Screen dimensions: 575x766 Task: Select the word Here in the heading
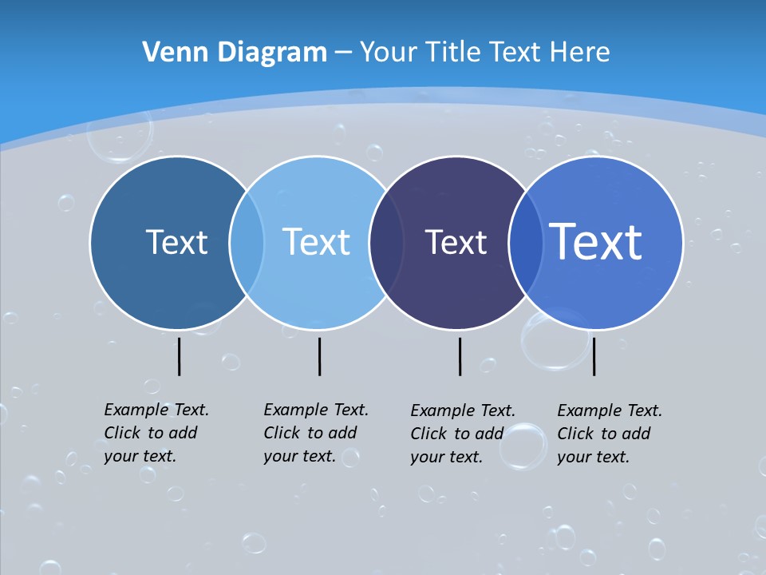tap(580, 53)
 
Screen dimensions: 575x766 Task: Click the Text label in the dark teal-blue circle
tap(176, 242)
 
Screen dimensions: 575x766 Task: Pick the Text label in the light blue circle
tap(316, 242)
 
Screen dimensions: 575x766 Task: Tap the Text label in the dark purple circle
tap(456, 242)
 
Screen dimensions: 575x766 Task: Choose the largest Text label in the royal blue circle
tap(596, 242)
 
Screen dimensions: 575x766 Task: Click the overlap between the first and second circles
tap(247, 242)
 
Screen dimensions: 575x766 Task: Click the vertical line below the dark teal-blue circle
tap(179, 356)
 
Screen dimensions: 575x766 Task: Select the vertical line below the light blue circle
tap(319, 356)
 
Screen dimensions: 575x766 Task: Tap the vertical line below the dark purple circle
tap(460, 356)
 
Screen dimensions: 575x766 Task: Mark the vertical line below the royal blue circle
tap(594, 356)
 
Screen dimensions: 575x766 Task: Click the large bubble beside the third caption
tap(523, 446)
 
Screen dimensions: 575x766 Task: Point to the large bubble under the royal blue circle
tap(555, 340)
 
